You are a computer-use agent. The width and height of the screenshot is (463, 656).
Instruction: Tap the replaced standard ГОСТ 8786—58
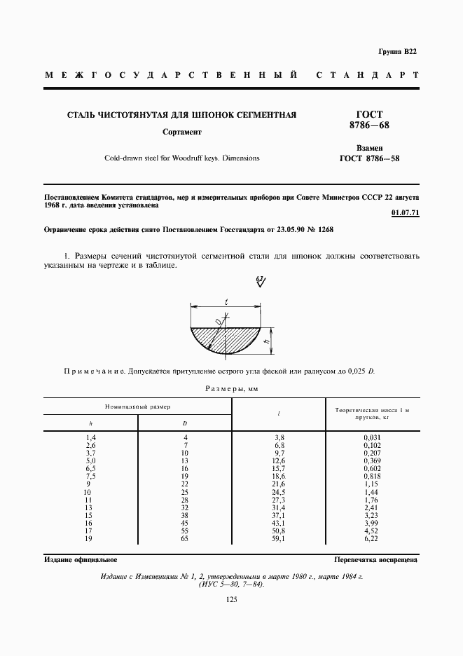click(369, 158)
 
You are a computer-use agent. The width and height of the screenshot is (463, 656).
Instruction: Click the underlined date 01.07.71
click(406, 214)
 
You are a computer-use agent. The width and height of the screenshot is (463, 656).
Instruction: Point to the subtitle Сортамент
click(182, 131)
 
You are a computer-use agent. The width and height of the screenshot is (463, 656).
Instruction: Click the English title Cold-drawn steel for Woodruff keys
click(182, 158)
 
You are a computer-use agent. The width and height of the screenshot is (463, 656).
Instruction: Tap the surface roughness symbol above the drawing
click(261, 282)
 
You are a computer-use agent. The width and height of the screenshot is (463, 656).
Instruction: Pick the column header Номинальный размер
click(138, 406)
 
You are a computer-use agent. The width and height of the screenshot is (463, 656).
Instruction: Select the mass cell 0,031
click(371, 438)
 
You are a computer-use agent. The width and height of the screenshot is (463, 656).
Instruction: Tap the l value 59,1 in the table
click(279, 538)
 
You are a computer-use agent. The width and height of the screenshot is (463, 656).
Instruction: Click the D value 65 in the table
click(185, 538)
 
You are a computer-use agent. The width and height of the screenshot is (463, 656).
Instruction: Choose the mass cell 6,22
click(371, 538)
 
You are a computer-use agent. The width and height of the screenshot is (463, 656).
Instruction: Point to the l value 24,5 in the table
click(279, 492)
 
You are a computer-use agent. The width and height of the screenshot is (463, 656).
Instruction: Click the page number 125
click(232, 599)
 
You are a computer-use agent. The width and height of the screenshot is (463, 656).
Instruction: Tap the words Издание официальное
click(81, 560)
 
